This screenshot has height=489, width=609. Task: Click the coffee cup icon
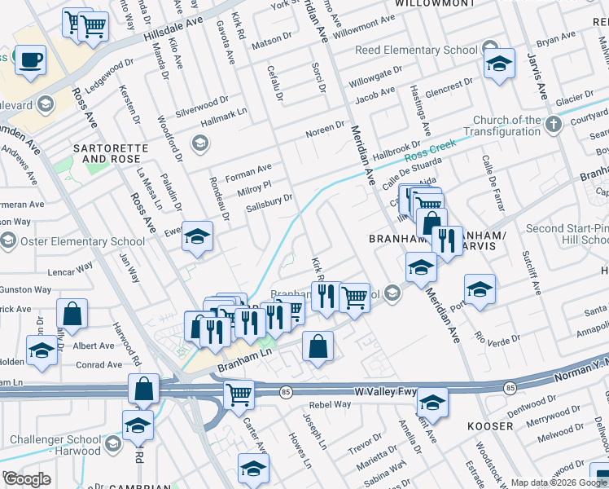[x=30, y=59]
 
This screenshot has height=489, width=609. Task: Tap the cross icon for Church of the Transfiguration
[x=554, y=125]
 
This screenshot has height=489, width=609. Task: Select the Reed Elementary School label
[x=416, y=51]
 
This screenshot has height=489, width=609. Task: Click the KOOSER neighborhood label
[x=490, y=426]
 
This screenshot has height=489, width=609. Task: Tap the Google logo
[x=27, y=479]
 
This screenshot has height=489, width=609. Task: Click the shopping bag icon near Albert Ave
[x=72, y=314]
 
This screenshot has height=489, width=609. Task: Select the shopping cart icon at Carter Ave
[x=239, y=394]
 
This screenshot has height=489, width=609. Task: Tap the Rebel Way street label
[x=329, y=404]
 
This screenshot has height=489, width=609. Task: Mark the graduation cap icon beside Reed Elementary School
[x=499, y=64]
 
